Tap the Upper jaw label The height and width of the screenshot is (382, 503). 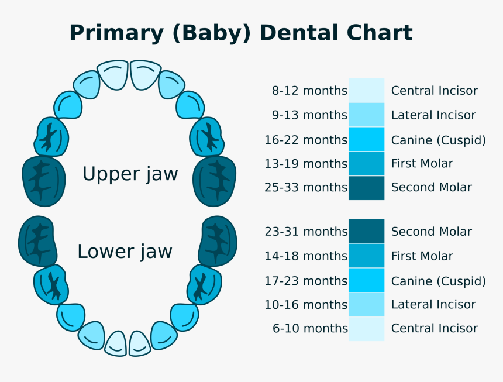(x=130, y=174)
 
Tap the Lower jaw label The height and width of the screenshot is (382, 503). (x=125, y=252)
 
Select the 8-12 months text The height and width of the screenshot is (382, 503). (x=309, y=91)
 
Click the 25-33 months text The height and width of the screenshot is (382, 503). (x=306, y=187)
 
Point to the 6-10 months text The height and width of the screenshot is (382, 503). (x=310, y=328)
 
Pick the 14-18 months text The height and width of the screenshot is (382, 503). (x=306, y=256)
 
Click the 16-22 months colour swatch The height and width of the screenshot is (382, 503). (x=367, y=139)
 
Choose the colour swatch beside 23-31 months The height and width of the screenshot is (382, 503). (x=367, y=231)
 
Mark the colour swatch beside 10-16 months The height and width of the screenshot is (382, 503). (x=367, y=304)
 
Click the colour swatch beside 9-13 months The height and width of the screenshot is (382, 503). (x=367, y=115)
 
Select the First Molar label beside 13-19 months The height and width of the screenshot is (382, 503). (x=422, y=163)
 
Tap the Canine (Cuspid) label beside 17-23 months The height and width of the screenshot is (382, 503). (x=438, y=281)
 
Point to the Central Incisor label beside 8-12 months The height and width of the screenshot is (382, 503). (x=434, y=91)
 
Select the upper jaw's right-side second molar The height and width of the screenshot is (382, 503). (x=215, y=180)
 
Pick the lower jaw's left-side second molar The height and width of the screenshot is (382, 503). (x=38, y=241)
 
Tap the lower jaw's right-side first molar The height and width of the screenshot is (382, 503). (x=205, y=284)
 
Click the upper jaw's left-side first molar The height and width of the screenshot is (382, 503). (x=51, y=137)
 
